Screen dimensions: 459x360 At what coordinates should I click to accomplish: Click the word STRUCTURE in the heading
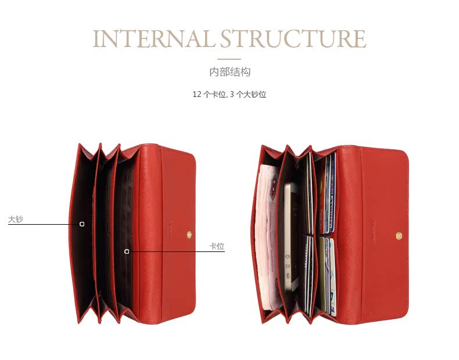click(x=293, y=38)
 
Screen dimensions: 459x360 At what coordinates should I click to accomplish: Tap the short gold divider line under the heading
click(x=229, y=59)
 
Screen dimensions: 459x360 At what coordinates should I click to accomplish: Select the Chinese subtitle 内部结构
click(x=229, y=73)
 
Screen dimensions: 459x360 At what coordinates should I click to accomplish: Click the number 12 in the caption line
click(x=196, y=94)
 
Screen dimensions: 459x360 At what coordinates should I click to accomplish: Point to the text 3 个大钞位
click(x=248, y=94)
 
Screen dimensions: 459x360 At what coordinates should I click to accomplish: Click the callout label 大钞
click(x=16, y=219)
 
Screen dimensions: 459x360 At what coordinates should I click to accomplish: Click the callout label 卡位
click(x=217, y=246)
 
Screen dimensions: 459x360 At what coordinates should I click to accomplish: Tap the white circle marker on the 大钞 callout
click(x=82, y=224)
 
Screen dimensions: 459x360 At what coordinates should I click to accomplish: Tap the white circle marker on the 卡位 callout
click(x=127, y=251)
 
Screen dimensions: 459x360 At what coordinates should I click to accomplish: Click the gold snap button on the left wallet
click(x=190, y=234)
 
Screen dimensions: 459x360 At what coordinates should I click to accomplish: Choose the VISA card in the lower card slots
click(x=329, y=273)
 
